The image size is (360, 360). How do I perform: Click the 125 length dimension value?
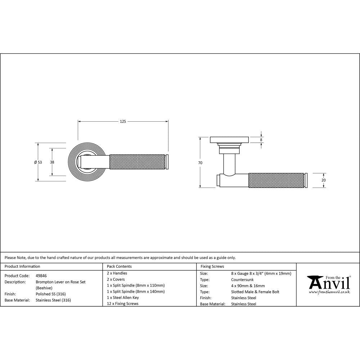123,122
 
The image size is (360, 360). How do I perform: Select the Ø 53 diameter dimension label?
38,162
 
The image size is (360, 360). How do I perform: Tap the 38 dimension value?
52,162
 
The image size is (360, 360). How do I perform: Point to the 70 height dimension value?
200,163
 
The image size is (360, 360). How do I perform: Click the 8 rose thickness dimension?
261,139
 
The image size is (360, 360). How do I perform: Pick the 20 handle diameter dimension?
323,180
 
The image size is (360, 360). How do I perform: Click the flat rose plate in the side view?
229,139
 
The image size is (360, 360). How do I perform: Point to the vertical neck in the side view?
229,162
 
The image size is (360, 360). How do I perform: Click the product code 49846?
41,275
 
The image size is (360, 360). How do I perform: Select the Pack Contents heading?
119,266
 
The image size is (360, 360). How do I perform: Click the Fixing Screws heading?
212,266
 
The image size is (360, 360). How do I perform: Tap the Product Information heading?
22,266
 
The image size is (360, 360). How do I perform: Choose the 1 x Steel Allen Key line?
123,297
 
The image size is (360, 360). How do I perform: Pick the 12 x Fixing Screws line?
123,303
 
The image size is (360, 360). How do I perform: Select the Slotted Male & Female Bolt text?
255,292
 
